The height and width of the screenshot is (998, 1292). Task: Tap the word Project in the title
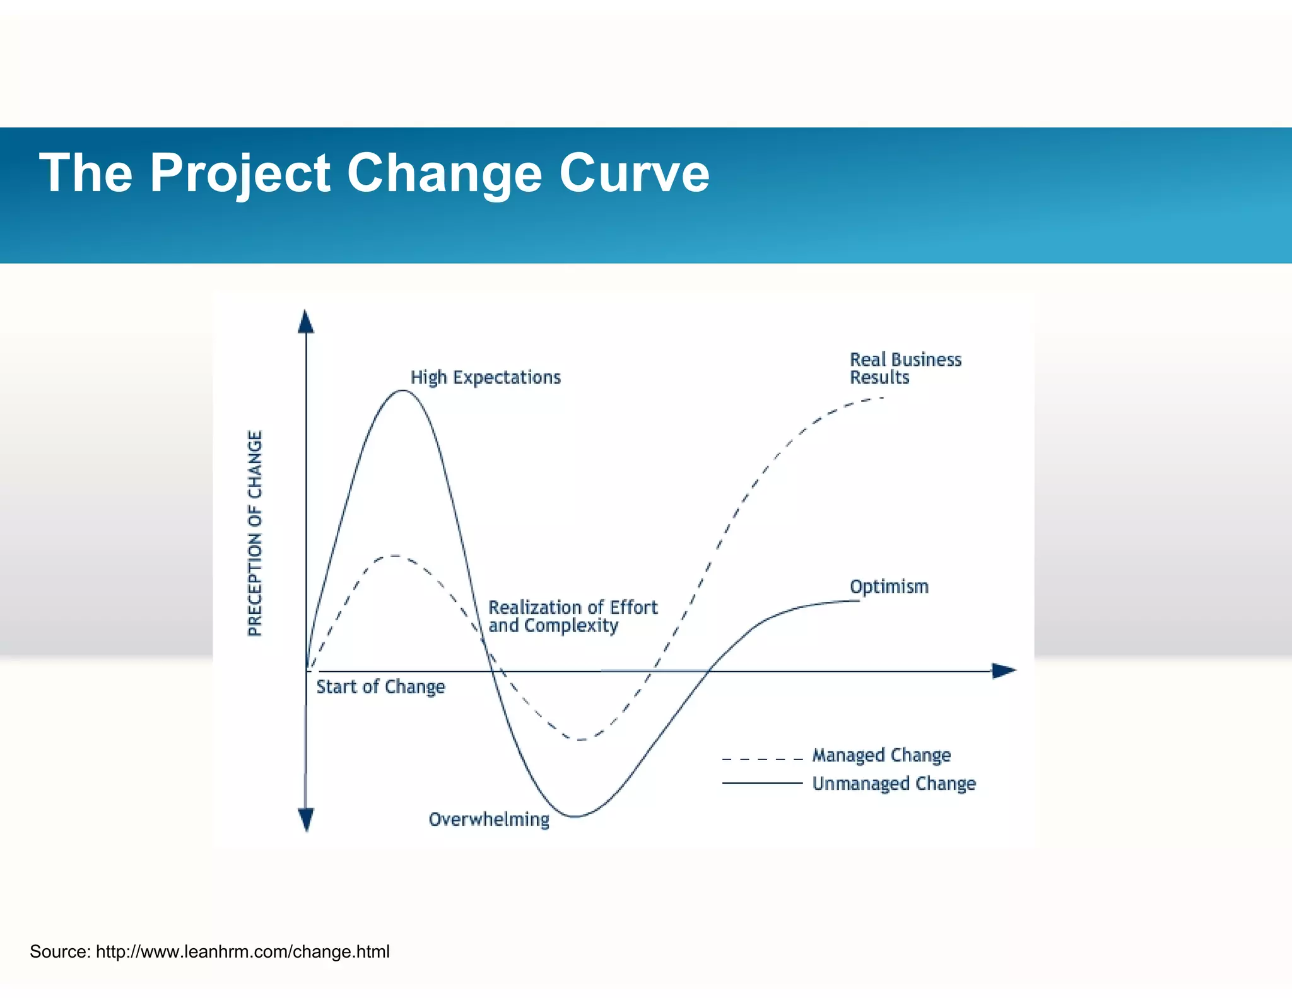click(x=240, y=174)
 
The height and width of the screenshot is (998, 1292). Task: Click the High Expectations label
click(x=485, y=377)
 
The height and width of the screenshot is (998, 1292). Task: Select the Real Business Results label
click(x=905, y=368)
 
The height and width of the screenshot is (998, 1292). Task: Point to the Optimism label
click(x=889, y=587)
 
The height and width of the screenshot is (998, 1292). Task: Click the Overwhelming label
click(x=489, y=819)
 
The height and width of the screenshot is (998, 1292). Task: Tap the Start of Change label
click(x=380, y=687)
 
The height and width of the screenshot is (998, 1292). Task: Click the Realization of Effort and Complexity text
click(x=572, y=616)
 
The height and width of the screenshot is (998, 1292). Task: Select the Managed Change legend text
click(x=881, y=755)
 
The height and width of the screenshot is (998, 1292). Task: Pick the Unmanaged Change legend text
click(x=893, y=784)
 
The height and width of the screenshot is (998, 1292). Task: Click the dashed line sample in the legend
click(x=762, y=758)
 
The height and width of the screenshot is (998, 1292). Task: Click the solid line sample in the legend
click(x=762, y=783)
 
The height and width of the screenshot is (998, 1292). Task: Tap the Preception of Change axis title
click(x=254, y=533)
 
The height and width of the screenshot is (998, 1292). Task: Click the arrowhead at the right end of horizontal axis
click(x=1004, y=671)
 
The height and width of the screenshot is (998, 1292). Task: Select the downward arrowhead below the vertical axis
click(x=306, y=819)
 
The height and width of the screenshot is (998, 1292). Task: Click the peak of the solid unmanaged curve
click(x=403, y=390)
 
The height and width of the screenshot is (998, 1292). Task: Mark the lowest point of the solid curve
click(x=575, y=816)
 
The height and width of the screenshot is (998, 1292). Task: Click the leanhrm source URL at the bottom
click(x=242, y=951)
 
